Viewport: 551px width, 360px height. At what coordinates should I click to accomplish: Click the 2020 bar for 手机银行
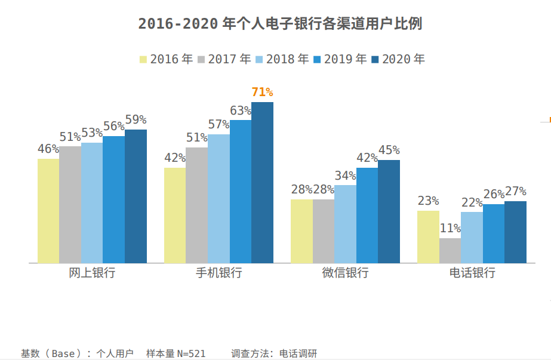pos(262,183)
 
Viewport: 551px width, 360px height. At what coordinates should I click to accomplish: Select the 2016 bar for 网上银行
pos(48,211)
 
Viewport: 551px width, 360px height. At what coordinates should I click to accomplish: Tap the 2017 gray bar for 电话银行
pos(450,251)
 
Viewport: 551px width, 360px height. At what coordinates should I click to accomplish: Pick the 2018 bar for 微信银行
pos(345,224)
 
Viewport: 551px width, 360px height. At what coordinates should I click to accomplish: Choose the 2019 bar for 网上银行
pos(113,199)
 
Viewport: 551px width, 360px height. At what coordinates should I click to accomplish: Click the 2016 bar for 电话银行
pos(428,237)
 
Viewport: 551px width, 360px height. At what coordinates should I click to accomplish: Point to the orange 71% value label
pos(262,92)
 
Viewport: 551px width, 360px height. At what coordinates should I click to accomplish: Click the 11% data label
pos(450,228)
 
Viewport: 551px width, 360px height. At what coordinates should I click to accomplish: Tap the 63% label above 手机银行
pos(241,110)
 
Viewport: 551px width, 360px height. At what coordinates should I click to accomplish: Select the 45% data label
pos(389,150)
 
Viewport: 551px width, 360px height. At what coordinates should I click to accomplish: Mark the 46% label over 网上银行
pos(48,149)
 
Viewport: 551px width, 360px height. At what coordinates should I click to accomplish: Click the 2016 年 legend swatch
pos(143,60)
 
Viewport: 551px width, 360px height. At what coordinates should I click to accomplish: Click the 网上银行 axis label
pos(92,273)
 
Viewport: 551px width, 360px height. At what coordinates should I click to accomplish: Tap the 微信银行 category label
pos(345,273)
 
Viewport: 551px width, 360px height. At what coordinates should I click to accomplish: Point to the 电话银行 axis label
pos(472,273)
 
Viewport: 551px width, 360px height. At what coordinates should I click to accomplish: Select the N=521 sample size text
pos(191,353)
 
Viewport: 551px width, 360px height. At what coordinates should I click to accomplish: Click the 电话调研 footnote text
pos(298,353)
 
